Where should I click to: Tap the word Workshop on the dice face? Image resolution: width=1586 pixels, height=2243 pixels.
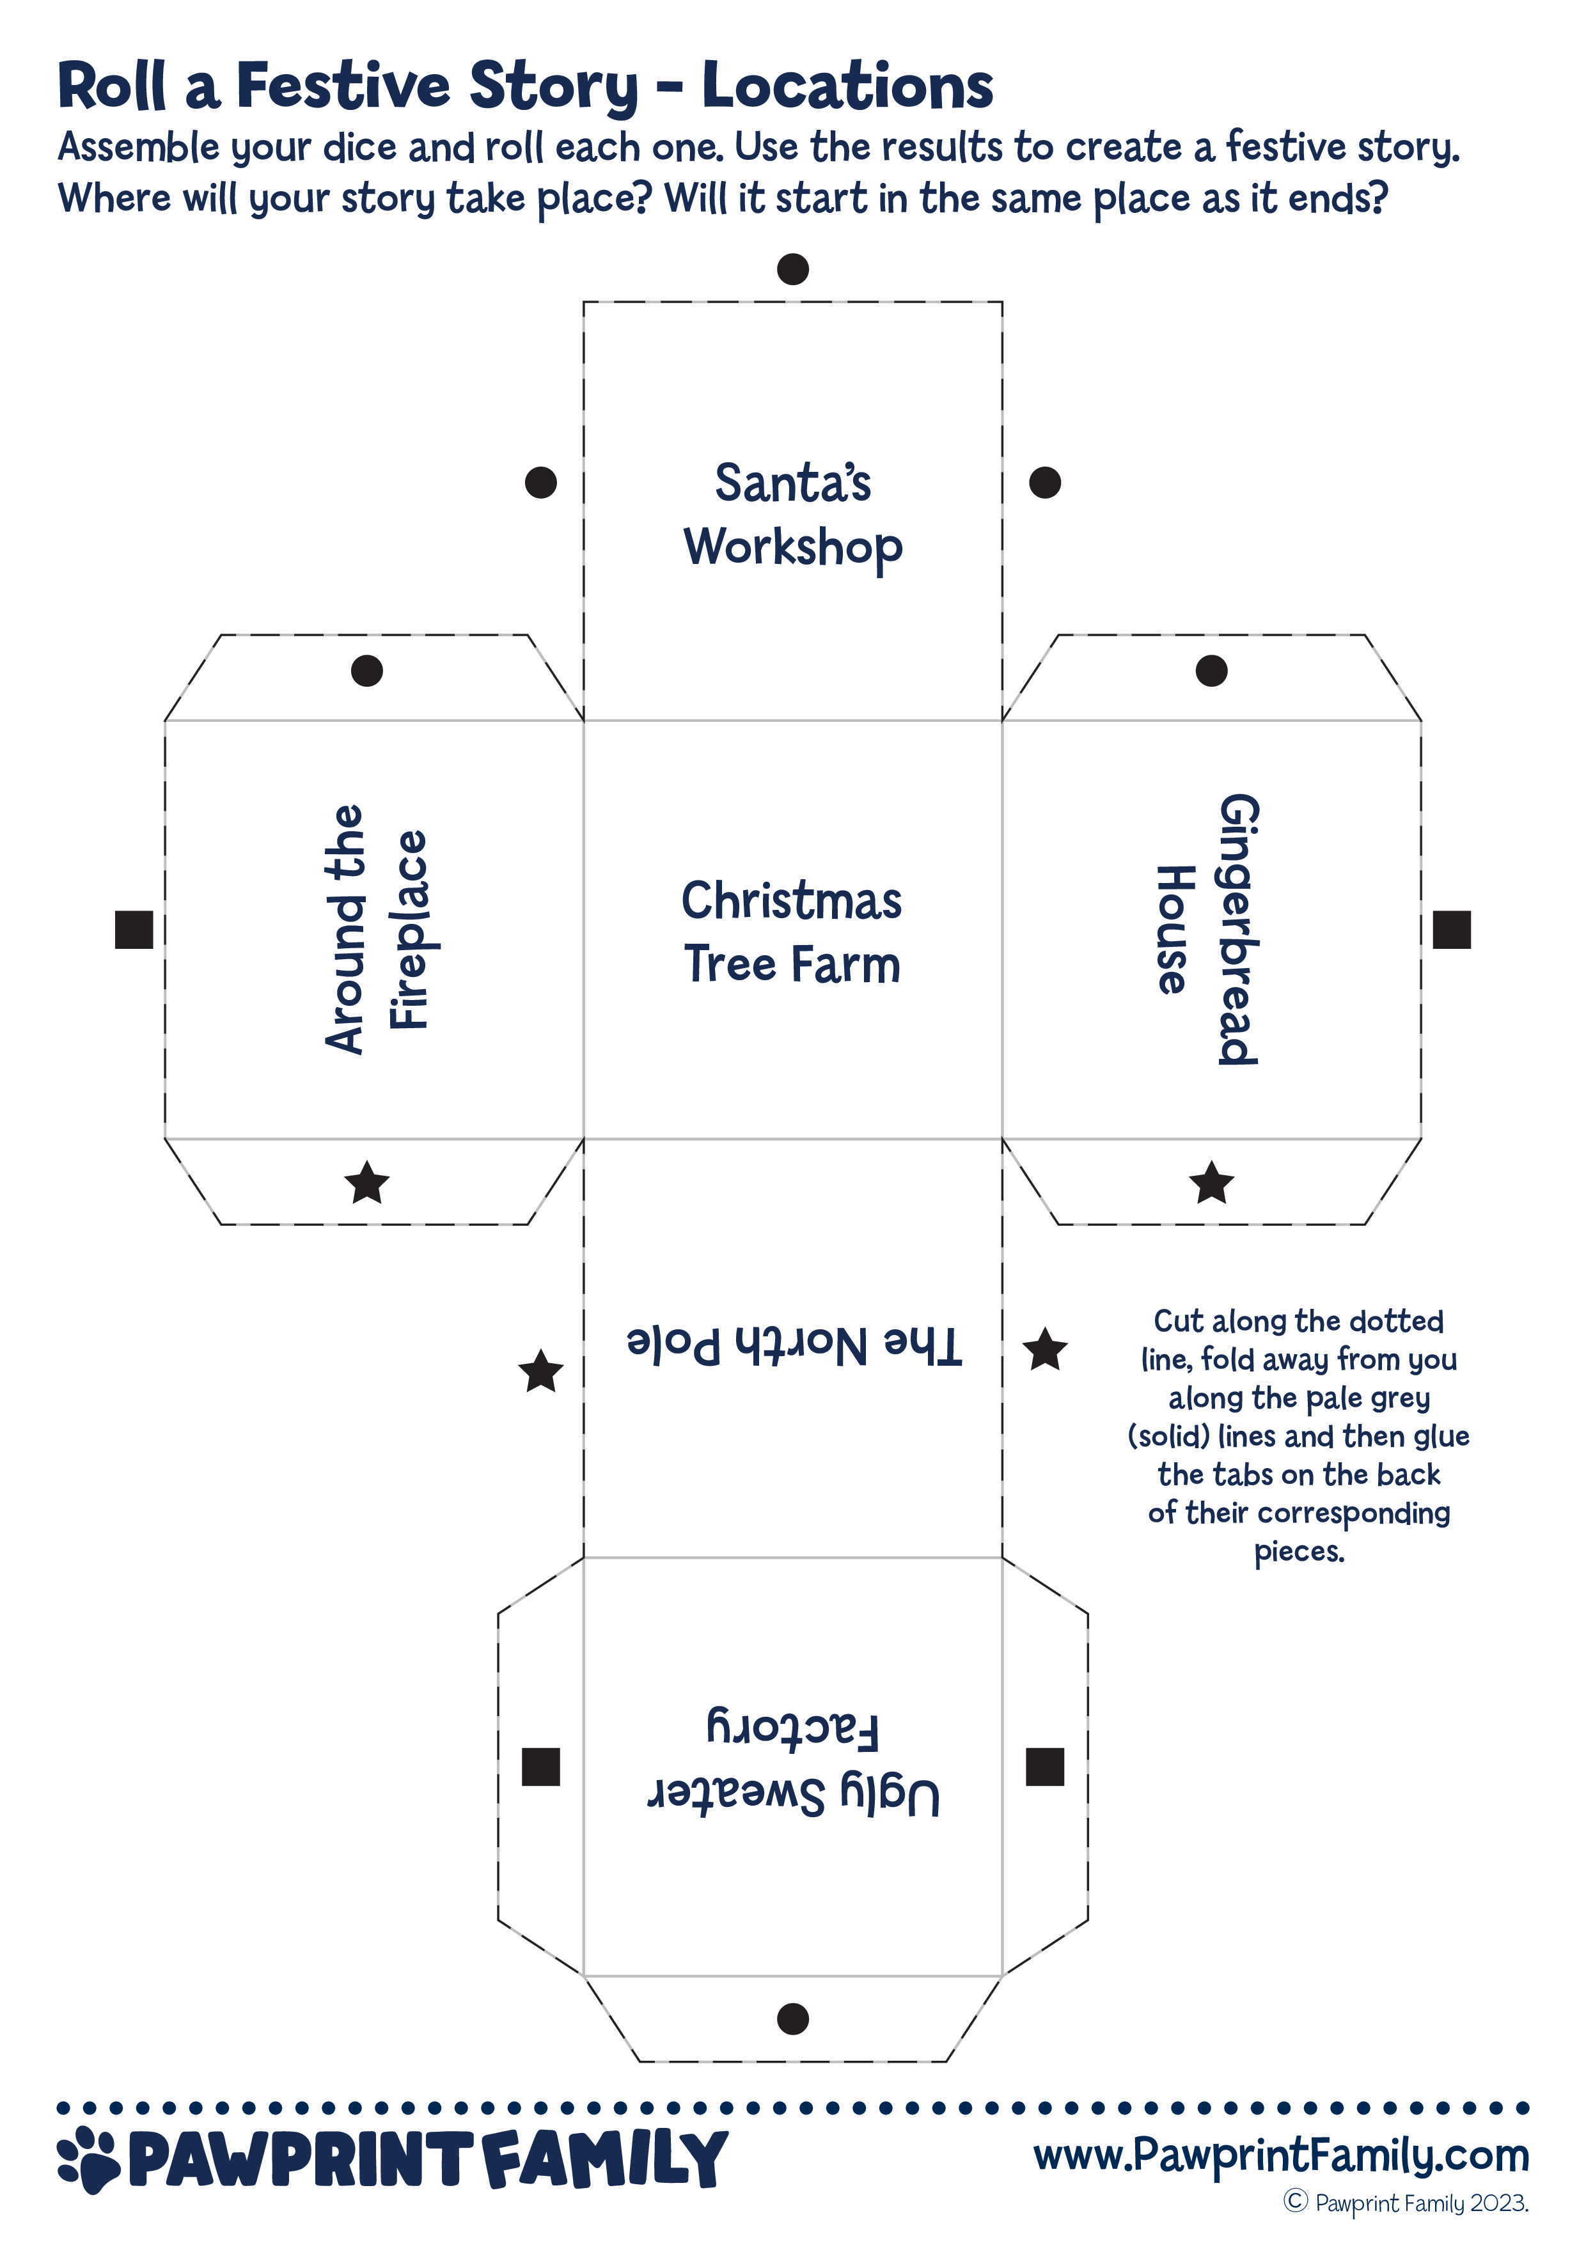click(x=792, y=548)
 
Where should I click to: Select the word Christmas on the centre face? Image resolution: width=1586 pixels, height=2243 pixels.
click(x=792, y=901)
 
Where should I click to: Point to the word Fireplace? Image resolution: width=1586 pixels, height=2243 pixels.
click(x=409, y=929)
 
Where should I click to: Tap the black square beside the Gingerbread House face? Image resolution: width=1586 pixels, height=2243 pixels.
click(x=1451, y=929)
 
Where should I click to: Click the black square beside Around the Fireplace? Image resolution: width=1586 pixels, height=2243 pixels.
click(x=134, y=929)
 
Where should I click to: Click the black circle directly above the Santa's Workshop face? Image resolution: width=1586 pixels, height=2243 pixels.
click(x=792, y=269)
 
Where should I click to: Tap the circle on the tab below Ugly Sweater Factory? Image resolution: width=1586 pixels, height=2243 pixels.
click(x=792, y=2019)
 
